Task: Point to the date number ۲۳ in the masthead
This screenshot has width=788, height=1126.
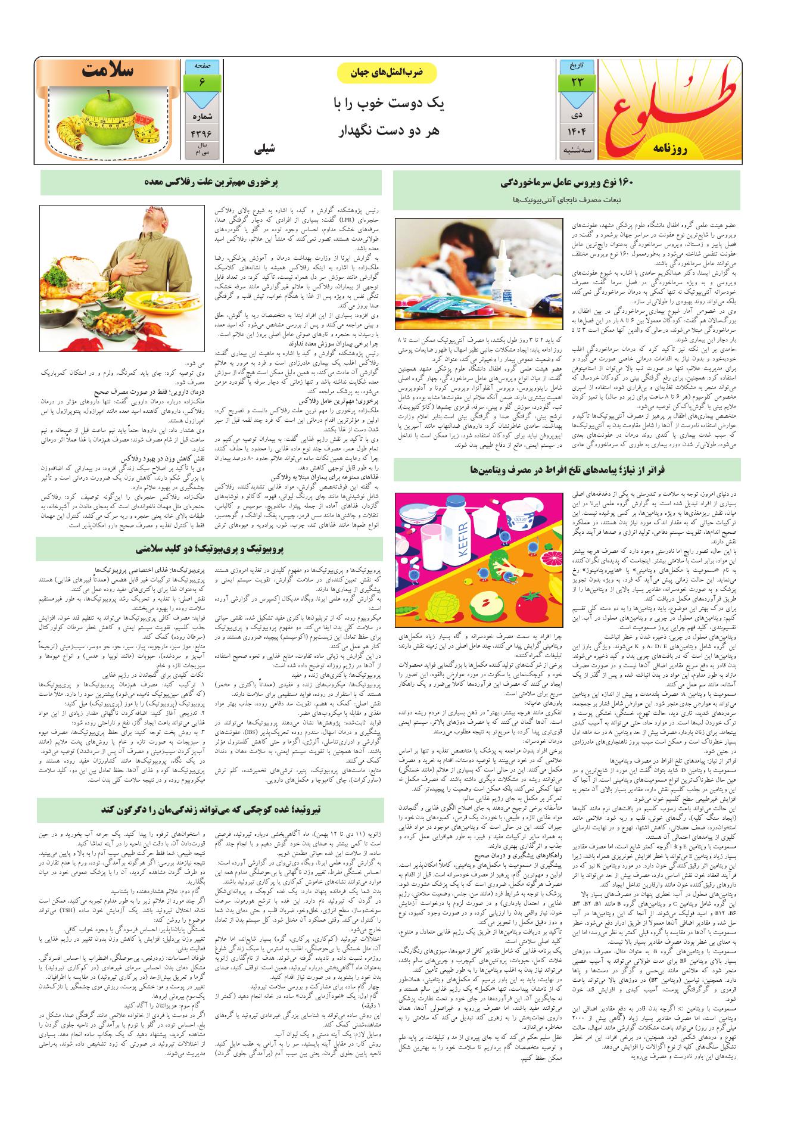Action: [577, 82]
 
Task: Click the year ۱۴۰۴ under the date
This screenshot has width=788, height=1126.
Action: [577, 131]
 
